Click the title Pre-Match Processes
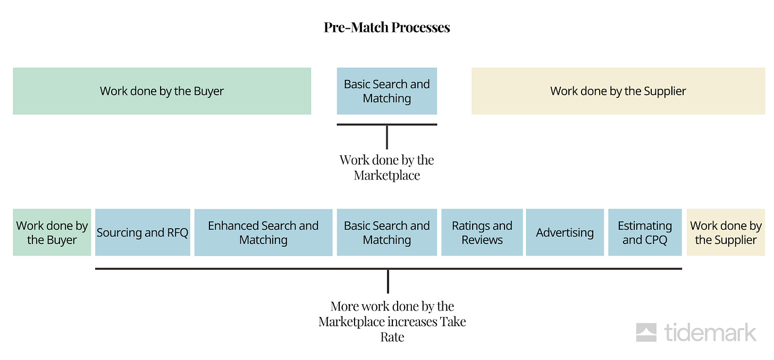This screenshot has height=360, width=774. tap(386, 27)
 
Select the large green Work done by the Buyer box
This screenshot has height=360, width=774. tap(162, 91)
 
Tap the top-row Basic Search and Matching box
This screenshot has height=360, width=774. tap(386, 91)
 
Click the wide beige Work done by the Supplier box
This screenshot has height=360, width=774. tap(618, 91)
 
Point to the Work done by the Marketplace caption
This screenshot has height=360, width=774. tap(386, 168)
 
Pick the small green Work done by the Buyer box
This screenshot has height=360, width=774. tap(52, 232)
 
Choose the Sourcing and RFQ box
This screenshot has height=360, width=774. tap(142, 232)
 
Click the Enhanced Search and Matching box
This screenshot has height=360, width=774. tap(263, 232)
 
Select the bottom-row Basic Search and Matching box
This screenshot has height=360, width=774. tap(386, 232)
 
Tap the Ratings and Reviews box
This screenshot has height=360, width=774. tap(482, 232)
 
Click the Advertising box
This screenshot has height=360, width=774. tap(565, 232)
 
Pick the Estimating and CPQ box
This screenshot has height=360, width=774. tap(645, 232)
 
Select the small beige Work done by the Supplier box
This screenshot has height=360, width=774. tap(726, 232)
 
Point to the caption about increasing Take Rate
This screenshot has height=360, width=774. tap(392, 321)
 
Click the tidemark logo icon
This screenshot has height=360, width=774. tap(646, 332)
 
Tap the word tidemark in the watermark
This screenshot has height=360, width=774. tap(710, 332)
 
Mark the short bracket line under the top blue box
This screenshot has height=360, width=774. tap(386, 124)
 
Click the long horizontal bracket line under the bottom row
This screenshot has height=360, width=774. tap(389, 269)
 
